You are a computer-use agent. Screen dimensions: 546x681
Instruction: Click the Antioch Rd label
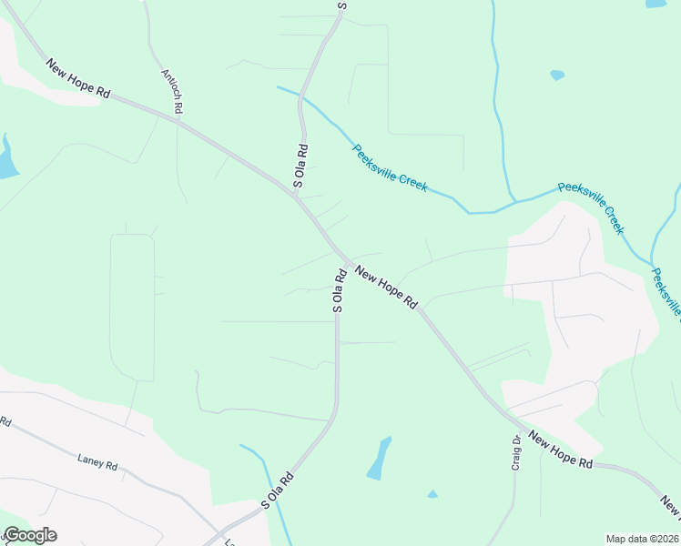tap(172, 91)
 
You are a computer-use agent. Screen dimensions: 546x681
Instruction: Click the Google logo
tap(30, 535)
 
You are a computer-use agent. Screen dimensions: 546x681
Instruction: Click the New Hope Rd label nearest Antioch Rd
tap(78, 79)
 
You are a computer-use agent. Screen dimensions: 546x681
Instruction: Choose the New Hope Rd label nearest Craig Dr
tap(560, 450)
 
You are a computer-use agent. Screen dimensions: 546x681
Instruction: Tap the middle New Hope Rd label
tap(385, 288)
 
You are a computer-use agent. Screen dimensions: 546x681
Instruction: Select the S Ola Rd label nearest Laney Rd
tap(278, 490)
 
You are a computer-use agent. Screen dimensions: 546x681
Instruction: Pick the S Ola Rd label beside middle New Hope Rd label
tap(338, 290)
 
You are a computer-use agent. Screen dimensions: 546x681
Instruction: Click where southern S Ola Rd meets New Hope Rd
tap(341, 258)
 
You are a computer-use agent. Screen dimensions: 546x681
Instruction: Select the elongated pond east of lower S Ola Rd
tap(379, 459)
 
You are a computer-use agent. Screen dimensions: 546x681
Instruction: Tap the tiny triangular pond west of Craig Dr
tap(432, 494)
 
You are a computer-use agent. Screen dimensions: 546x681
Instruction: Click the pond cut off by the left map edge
tap(6, 158)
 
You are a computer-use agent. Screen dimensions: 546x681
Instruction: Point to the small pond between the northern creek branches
tap(557, 75)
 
